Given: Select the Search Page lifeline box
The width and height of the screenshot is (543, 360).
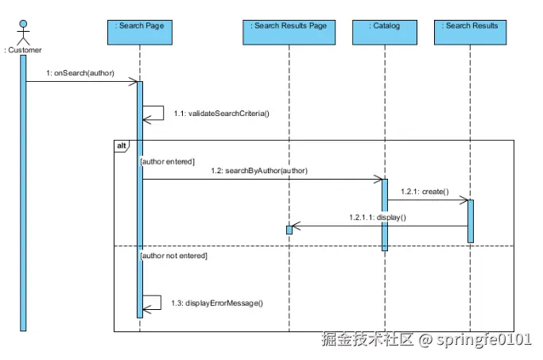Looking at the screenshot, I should tap(140, 30).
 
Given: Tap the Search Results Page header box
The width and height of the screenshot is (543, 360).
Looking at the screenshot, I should tap(289, 30).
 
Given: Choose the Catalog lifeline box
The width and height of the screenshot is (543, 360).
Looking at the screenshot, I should tap(385, 30).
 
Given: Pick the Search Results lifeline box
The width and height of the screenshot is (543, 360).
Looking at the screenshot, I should tap(471, 30).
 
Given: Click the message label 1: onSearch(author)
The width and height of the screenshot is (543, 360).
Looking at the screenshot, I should tap(80, 73).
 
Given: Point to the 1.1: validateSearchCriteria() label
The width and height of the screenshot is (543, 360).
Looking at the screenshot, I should tap(222, 114).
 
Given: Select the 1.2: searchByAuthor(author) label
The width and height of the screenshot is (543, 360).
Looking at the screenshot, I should tap(259, 171).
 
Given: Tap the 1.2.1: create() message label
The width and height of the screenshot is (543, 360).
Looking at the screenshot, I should tap(425, 192).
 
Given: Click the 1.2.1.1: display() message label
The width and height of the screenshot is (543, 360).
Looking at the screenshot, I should tap(378, 217).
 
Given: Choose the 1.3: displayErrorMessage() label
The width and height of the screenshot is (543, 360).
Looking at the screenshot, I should tap(223, 304).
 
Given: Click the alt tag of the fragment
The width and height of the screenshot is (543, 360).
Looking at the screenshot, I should tap(121, 145).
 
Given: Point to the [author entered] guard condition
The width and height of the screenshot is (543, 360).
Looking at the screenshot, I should tap(167, 161).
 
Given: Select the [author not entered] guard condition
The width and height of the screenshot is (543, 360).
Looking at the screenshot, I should tap(173, 256).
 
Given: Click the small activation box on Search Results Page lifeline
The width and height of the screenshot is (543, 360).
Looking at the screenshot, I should tap(289, 230).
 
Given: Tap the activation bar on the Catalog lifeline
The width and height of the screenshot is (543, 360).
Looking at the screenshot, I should tap(385, 215).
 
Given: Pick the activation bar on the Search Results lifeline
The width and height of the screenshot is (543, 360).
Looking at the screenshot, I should tap(471, 221).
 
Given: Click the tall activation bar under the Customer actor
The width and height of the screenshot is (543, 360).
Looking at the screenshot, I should tap(23, 191).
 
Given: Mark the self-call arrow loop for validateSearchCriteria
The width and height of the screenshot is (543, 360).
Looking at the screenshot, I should tap(154, 114).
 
